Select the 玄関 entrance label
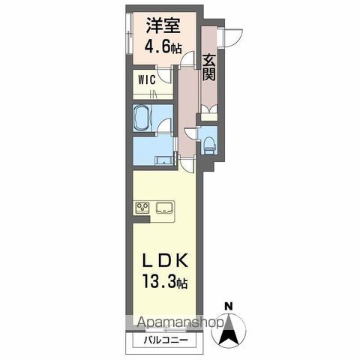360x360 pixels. pyautogui.click(x=209, y=64)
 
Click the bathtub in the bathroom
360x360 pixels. pyautogui.click(x=144, y=118)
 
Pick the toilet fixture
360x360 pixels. pyautogui.click(x=209, y=142)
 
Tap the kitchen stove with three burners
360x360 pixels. pyautogui.click(x=142, y=208)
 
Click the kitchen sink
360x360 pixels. pyautogui.click(x=164, y=208)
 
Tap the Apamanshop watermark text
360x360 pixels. pyautogui.click(x=180, y=324)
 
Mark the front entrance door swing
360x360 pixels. pyautogui.click(x=232, y=34)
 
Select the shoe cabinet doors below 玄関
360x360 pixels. pyautogui.click(x=209, y=112)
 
